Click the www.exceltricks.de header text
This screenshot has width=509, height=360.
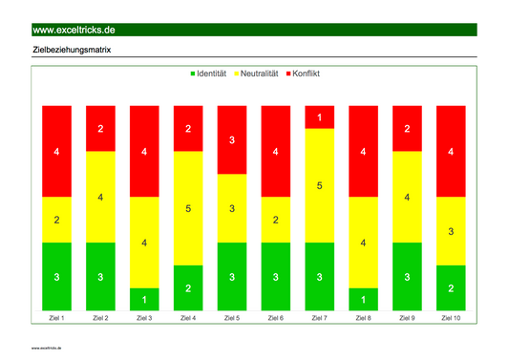click(x=74, y=31)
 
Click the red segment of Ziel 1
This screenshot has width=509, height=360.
click(x=57, y=151)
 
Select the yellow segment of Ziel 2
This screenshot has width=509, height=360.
click(x=101, y=197)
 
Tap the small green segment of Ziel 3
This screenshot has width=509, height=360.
click(x=144, y=300)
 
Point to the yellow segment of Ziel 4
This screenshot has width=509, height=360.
click(x=188, y=208)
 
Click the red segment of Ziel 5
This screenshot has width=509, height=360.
click(x=232, y=140)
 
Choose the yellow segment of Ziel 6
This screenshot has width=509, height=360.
click(x=276, y=220)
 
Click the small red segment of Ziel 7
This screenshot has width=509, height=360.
click(x=320, y=116)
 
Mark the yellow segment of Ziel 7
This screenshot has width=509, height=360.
click(x=320, y=185)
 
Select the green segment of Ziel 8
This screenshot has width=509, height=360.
click(x=363, y=300)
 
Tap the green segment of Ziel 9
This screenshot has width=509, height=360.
click(x=407, y=277)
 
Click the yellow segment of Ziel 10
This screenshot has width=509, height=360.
click(x=451, y=231)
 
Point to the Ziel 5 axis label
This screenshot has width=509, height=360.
click(x=232, y=318)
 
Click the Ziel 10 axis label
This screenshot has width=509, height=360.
click(x=451, y=318)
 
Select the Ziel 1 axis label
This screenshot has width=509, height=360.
click(x=57, y=318)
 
